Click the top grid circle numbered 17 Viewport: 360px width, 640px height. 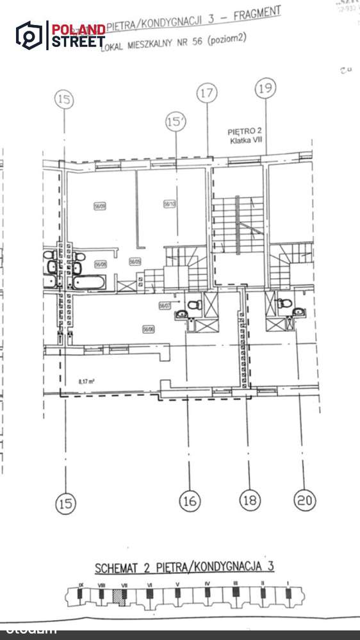(207, 94)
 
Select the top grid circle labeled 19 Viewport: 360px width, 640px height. (266, 88)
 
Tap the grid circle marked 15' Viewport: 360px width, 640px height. (174, 122)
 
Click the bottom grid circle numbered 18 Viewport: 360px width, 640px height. (250, 499)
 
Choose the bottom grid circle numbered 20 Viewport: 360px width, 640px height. (304, 499)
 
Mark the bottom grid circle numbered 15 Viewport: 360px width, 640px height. (65, 503)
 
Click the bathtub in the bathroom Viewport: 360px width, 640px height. (92, 282)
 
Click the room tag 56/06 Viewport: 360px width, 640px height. (148, 329)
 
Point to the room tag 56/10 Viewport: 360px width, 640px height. (170, 204)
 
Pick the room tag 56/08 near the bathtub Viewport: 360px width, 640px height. (100, 263)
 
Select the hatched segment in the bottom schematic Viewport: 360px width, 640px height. (118, 596)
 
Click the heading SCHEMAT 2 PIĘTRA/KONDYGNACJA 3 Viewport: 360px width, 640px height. (184, 567)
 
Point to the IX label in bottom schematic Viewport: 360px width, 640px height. (81, 584)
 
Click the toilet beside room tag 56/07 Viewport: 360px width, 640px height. (196, 305)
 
